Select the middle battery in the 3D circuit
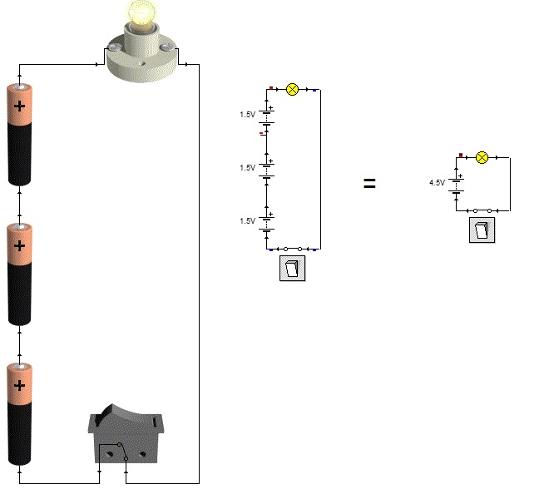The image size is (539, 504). coord(20,274)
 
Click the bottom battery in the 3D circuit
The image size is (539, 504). coord(20,413)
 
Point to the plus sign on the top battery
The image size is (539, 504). coord(20,106)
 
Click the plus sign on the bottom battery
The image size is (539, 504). coord(20,386)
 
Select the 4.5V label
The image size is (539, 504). coord(437,182)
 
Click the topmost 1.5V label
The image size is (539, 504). coord(247,114)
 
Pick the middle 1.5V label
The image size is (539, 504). coord(247,167)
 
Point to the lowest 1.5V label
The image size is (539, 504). coord(247,220)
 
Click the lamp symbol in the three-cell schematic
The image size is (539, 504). coord(292,89)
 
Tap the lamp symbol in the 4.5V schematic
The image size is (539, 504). coord(481,157)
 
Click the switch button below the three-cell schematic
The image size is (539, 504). coord(293,269)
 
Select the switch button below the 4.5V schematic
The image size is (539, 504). coord(482,230)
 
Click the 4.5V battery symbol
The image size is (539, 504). coord(456,183)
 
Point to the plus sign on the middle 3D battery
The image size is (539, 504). coord(20,246)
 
